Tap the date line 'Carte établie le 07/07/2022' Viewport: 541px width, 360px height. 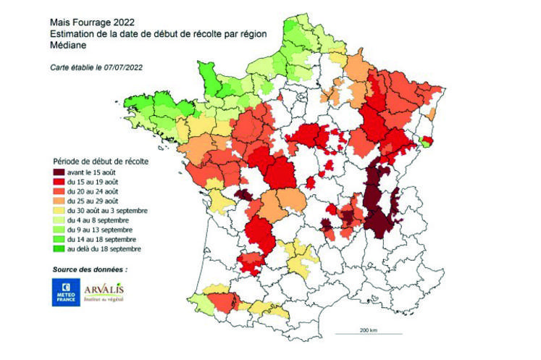point(94,67)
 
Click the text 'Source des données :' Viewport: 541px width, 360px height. point(90,269)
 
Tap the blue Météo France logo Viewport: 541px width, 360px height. point(65,291)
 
